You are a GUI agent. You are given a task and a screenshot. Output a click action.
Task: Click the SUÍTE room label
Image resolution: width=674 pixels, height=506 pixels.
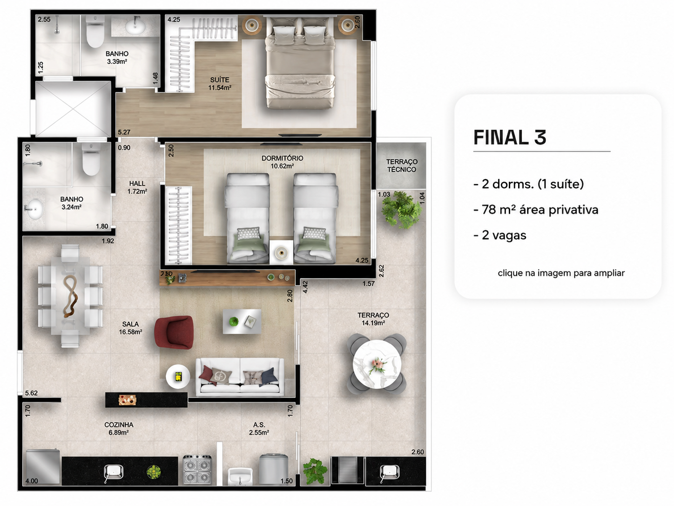click(x=220, y=80)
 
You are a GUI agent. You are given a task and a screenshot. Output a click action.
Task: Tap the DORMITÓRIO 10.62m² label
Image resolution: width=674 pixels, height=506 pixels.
click(x=282, y=162)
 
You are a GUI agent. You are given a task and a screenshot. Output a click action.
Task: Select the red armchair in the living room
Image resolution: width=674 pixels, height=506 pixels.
click(x=174, y=332)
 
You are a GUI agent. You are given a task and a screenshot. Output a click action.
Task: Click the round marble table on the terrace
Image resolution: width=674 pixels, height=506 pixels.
click(x=377, y=365)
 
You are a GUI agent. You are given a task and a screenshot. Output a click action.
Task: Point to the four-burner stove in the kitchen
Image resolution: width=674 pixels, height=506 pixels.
click(x=197, y=470)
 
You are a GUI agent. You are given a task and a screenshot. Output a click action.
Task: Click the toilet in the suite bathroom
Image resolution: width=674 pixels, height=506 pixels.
click(x=95, y=31)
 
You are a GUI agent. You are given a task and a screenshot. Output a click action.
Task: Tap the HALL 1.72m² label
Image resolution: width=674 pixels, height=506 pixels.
click(x=137, y=187)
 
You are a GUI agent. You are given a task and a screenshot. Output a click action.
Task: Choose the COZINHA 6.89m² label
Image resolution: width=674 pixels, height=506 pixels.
click(x=119, y=429)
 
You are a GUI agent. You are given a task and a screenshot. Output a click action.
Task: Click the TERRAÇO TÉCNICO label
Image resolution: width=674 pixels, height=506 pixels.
click(x=402, y=165)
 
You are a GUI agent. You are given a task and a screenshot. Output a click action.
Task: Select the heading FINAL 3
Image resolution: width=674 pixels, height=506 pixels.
click(x=510, y=137)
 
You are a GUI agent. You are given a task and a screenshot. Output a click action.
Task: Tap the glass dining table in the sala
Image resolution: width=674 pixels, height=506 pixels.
click(x=70, y=296)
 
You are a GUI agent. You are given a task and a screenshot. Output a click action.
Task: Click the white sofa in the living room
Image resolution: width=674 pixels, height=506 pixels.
click(x=240, y=377)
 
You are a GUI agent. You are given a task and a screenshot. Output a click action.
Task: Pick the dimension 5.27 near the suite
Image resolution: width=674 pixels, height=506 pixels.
click(x=124, y=132)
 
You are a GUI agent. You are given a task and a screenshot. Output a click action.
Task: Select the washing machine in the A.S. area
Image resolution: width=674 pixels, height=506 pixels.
click(x=274, y=469)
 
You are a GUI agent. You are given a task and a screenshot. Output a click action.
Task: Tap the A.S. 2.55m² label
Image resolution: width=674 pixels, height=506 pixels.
click(x=259, y=429)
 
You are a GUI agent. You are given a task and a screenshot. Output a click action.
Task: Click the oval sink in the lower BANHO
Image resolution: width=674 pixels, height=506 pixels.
click(x=34, y=209)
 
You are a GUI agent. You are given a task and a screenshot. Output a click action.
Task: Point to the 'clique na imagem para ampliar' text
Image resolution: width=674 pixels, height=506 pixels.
click(x=561, y=273)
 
